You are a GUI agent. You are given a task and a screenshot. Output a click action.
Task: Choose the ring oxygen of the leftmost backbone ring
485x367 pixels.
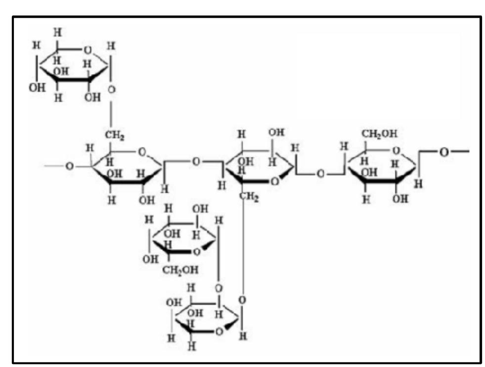tap(142, 152)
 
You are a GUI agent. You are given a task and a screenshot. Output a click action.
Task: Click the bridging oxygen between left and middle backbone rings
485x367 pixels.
tap(196, 162)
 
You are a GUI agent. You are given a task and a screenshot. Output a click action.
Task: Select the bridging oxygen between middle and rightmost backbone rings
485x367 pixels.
tap(320, 175)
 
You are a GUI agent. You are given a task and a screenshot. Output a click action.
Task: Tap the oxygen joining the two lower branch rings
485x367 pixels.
tap(218, 288)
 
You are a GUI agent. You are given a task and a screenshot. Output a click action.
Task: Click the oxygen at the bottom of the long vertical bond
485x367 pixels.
tap(242, 300)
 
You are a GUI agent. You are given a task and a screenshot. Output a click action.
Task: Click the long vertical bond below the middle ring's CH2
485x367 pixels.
tap(243, 247)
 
